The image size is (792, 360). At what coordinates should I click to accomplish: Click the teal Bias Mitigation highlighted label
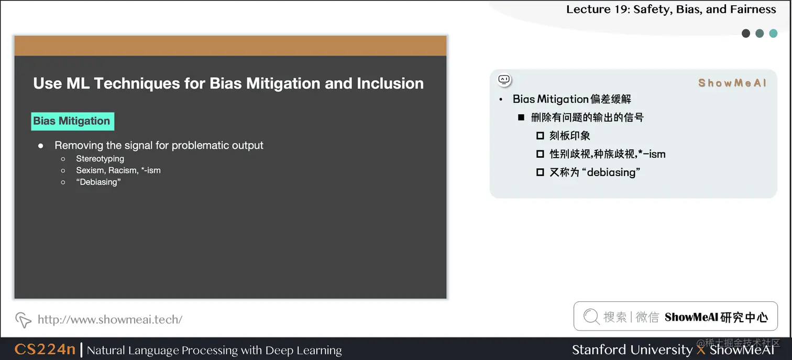(72, 121)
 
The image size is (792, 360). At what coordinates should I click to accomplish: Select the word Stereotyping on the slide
(100, 158)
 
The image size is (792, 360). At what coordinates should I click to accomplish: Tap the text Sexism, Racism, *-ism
(118, 170)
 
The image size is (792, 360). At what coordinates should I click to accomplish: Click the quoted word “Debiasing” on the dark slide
(98, 182)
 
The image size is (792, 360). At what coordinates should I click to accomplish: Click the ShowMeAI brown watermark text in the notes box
(732, 83)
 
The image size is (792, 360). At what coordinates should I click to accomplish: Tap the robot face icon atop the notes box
(504, 80)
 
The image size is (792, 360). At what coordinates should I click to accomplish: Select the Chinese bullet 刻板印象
(569, 136)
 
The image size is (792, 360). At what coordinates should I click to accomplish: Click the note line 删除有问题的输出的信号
(587, 117)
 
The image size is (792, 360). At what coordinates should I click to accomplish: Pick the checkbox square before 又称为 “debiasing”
(540, 172)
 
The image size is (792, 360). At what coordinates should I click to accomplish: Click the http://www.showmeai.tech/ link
(110, 319)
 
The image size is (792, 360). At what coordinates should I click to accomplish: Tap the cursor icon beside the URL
(23, 319)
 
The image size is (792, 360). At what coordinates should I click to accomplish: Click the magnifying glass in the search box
(591, 317)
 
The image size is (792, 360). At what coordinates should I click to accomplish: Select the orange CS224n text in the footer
(45, 350)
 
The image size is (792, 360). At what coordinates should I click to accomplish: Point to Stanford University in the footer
(632, 350)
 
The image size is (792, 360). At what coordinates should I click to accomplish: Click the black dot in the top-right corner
(746, 34)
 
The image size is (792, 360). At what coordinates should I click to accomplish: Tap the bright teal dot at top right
(773, 34)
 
